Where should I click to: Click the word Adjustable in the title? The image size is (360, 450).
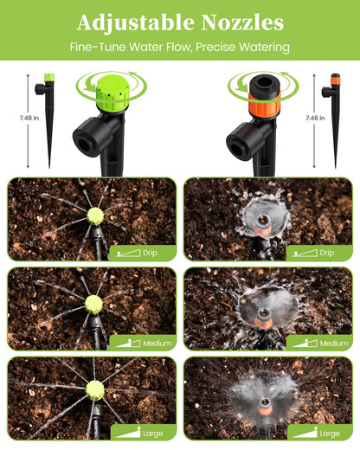pyautogui.click(x=136, y=23)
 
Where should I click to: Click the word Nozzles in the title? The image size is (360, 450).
pyautogui.click(x=242, y=22)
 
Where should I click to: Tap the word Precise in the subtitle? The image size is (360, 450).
pyautogui.click(x=215, y=47)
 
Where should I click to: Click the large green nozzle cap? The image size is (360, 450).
pyautogui.click(x=112, y=93)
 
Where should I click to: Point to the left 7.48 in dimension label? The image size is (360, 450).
pyautogui.click(x=29, y=118)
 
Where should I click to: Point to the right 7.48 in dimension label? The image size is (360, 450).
pyautogui.click(x=315, y=118)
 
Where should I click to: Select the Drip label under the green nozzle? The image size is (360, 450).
pyautogui.click(x=150, y=253)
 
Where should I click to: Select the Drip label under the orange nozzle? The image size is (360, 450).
pyautogui.click(x=327, y=253)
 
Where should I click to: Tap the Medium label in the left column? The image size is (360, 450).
pyautogui.click(x=157, y=344)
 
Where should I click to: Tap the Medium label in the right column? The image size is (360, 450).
pyautogui.click(x=334, y=344)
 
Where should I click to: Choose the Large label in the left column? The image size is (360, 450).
pyautogui.click(x=153, y=434)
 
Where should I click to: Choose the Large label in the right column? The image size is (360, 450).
pyautogui.click(x=330, y=434)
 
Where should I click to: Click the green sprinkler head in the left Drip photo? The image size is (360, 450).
pyautogui.click(x=95, y=216)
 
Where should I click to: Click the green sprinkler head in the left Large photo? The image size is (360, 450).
pyautogui.click(x=95, y=390)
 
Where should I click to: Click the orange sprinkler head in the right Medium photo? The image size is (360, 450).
pyautogui.click(x=263, y=318)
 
